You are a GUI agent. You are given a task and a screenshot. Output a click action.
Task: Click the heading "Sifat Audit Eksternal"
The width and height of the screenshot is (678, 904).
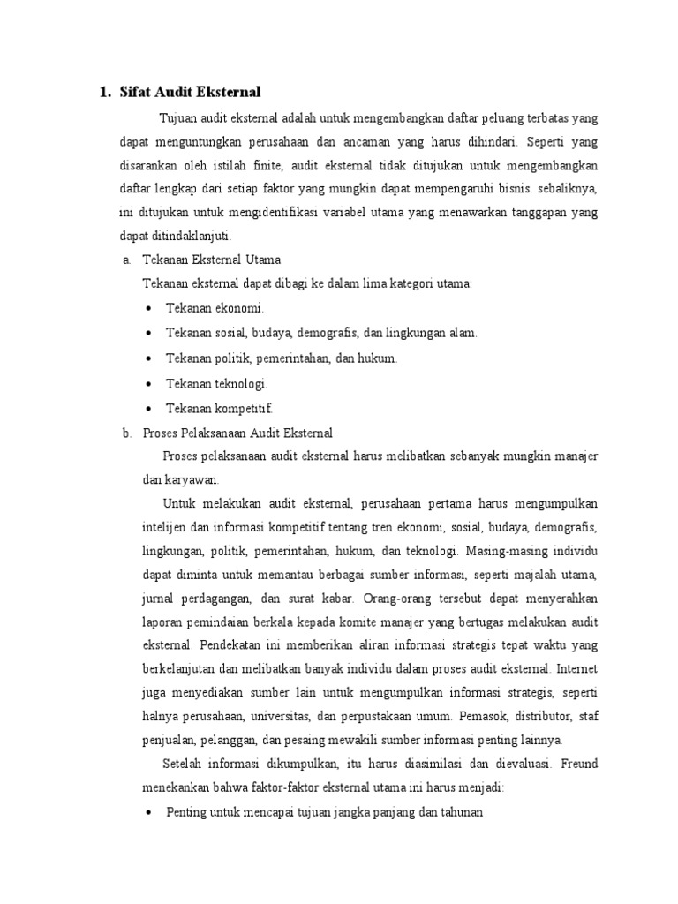coord(191,92)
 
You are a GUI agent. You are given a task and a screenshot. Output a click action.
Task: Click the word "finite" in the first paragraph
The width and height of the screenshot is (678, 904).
coord(263,165)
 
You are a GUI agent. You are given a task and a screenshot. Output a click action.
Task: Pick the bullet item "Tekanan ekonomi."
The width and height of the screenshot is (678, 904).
coord(215,308)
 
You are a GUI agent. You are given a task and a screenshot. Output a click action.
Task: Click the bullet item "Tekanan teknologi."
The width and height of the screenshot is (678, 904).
coord(216,383)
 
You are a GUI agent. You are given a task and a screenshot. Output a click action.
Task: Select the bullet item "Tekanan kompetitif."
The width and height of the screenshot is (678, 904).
coord(220,408)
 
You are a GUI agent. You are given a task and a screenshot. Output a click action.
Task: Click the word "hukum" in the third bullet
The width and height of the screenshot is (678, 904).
coord(376,358)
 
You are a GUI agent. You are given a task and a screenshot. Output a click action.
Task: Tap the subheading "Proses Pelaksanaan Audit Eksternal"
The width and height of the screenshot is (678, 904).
coord(237,432)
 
